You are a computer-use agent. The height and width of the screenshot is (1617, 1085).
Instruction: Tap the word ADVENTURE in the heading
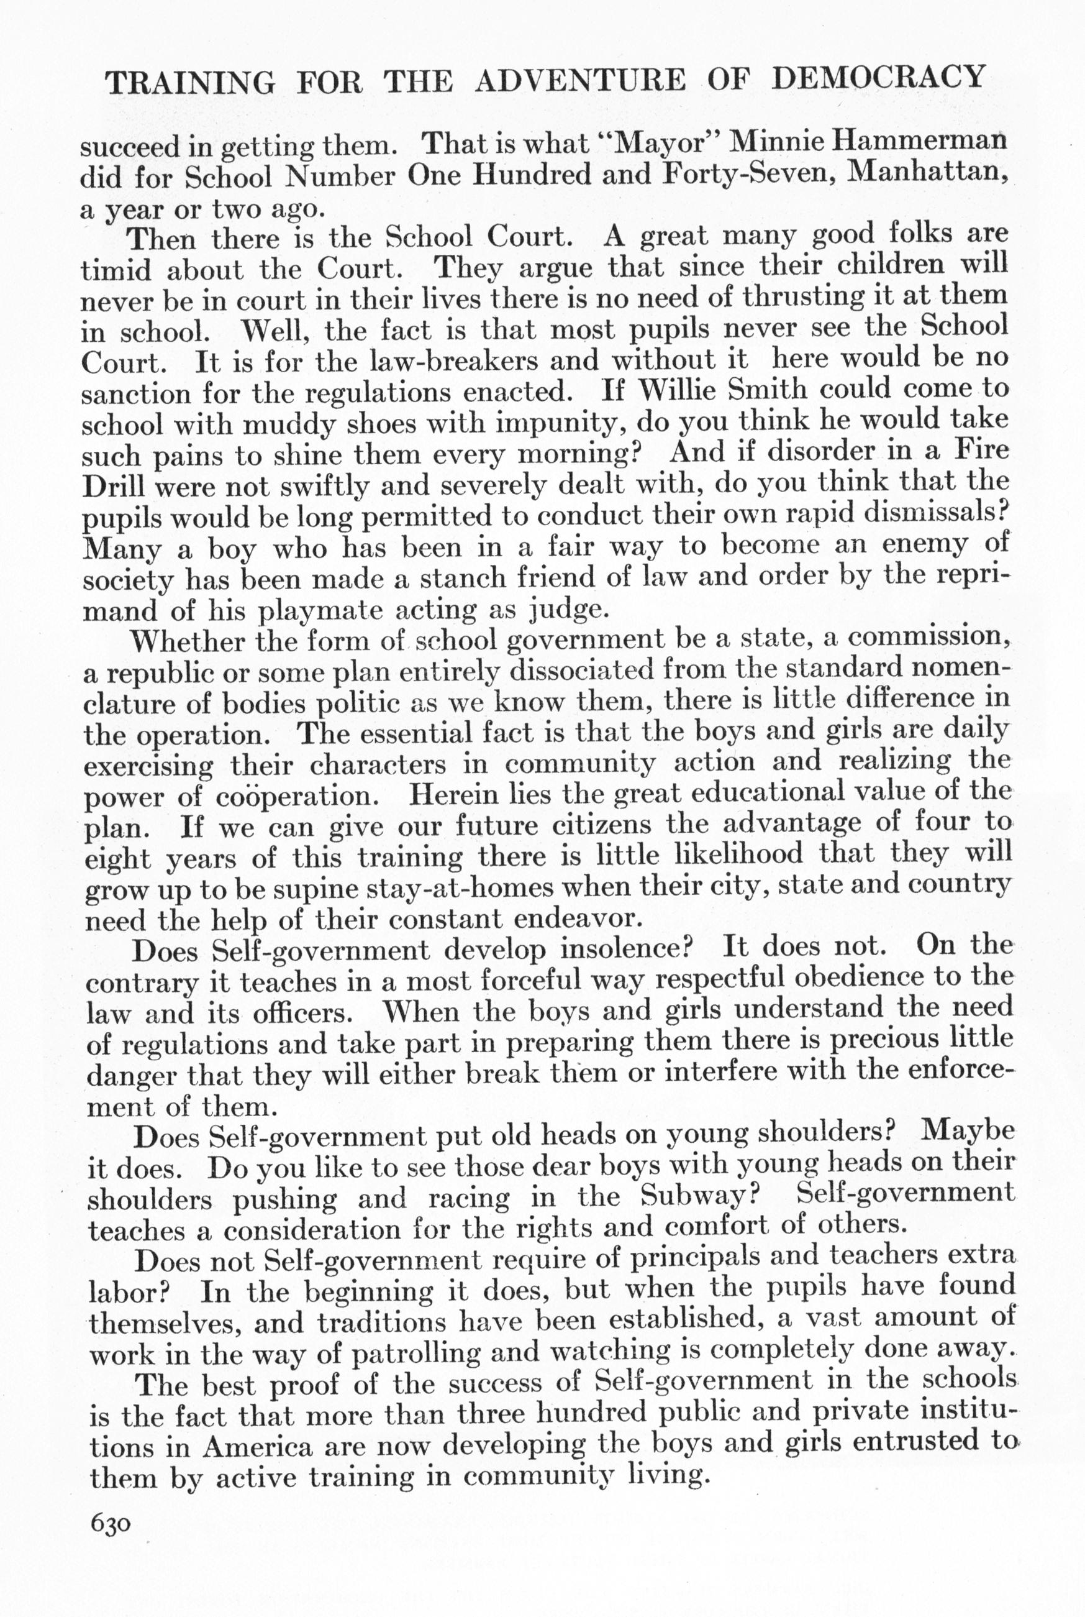[580, 80]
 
